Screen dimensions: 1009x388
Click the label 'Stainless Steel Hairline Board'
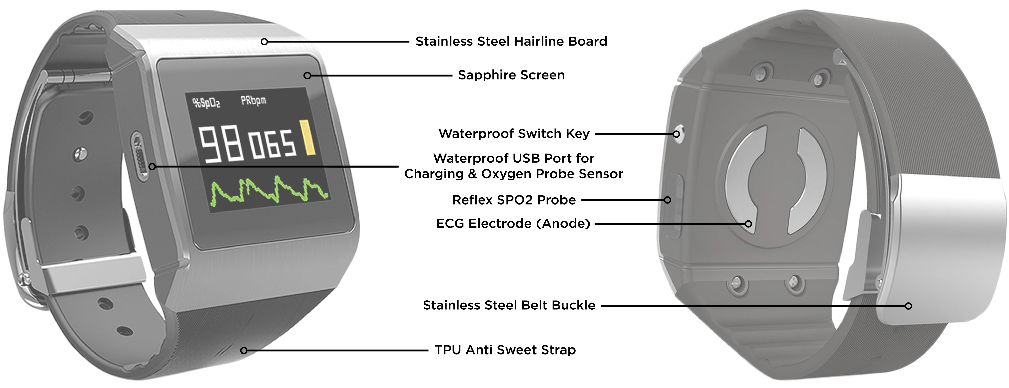click(x=511, y=41)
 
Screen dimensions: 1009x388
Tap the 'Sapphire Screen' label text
click(x=511, y=75)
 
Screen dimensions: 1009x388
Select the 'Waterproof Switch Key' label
click(x=514, y=134)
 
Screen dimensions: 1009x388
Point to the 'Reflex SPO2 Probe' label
click(x=514, y=200)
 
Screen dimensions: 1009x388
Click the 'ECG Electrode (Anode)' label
click(x=513, y=223)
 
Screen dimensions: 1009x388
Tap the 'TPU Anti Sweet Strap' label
click(x=505, y=350)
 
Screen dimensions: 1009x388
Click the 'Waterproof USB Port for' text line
click(x=514, y=158)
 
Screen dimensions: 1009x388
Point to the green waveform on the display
click(x=269, y=191)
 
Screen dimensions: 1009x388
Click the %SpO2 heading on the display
click(x=206, y=103)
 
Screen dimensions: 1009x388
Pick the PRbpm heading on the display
click(x=254, y=100)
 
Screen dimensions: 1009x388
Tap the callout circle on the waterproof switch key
click(x=676, y=134)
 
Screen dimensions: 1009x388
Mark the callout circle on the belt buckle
click(x=908, y=306)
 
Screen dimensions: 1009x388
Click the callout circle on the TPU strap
click(x=244, y=350)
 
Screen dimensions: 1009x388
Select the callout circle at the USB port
click(x=152, y=167)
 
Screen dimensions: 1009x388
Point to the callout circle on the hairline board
click(x=264, y=42)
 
